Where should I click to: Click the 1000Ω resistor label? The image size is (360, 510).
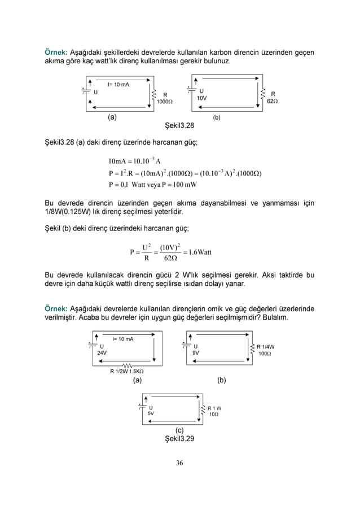[165, 102]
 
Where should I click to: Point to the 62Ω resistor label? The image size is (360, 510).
[273, 102]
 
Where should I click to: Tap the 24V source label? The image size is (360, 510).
[102, 353]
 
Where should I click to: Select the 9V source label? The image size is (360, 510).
[195, 353]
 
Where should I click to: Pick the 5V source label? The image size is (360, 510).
[151, 413]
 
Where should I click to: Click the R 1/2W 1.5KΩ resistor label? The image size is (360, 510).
[126, 371]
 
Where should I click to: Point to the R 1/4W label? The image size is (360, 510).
[266, 346]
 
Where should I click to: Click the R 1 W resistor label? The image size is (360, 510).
[214, 407]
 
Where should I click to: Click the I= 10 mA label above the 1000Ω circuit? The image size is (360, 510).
[118, 85]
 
